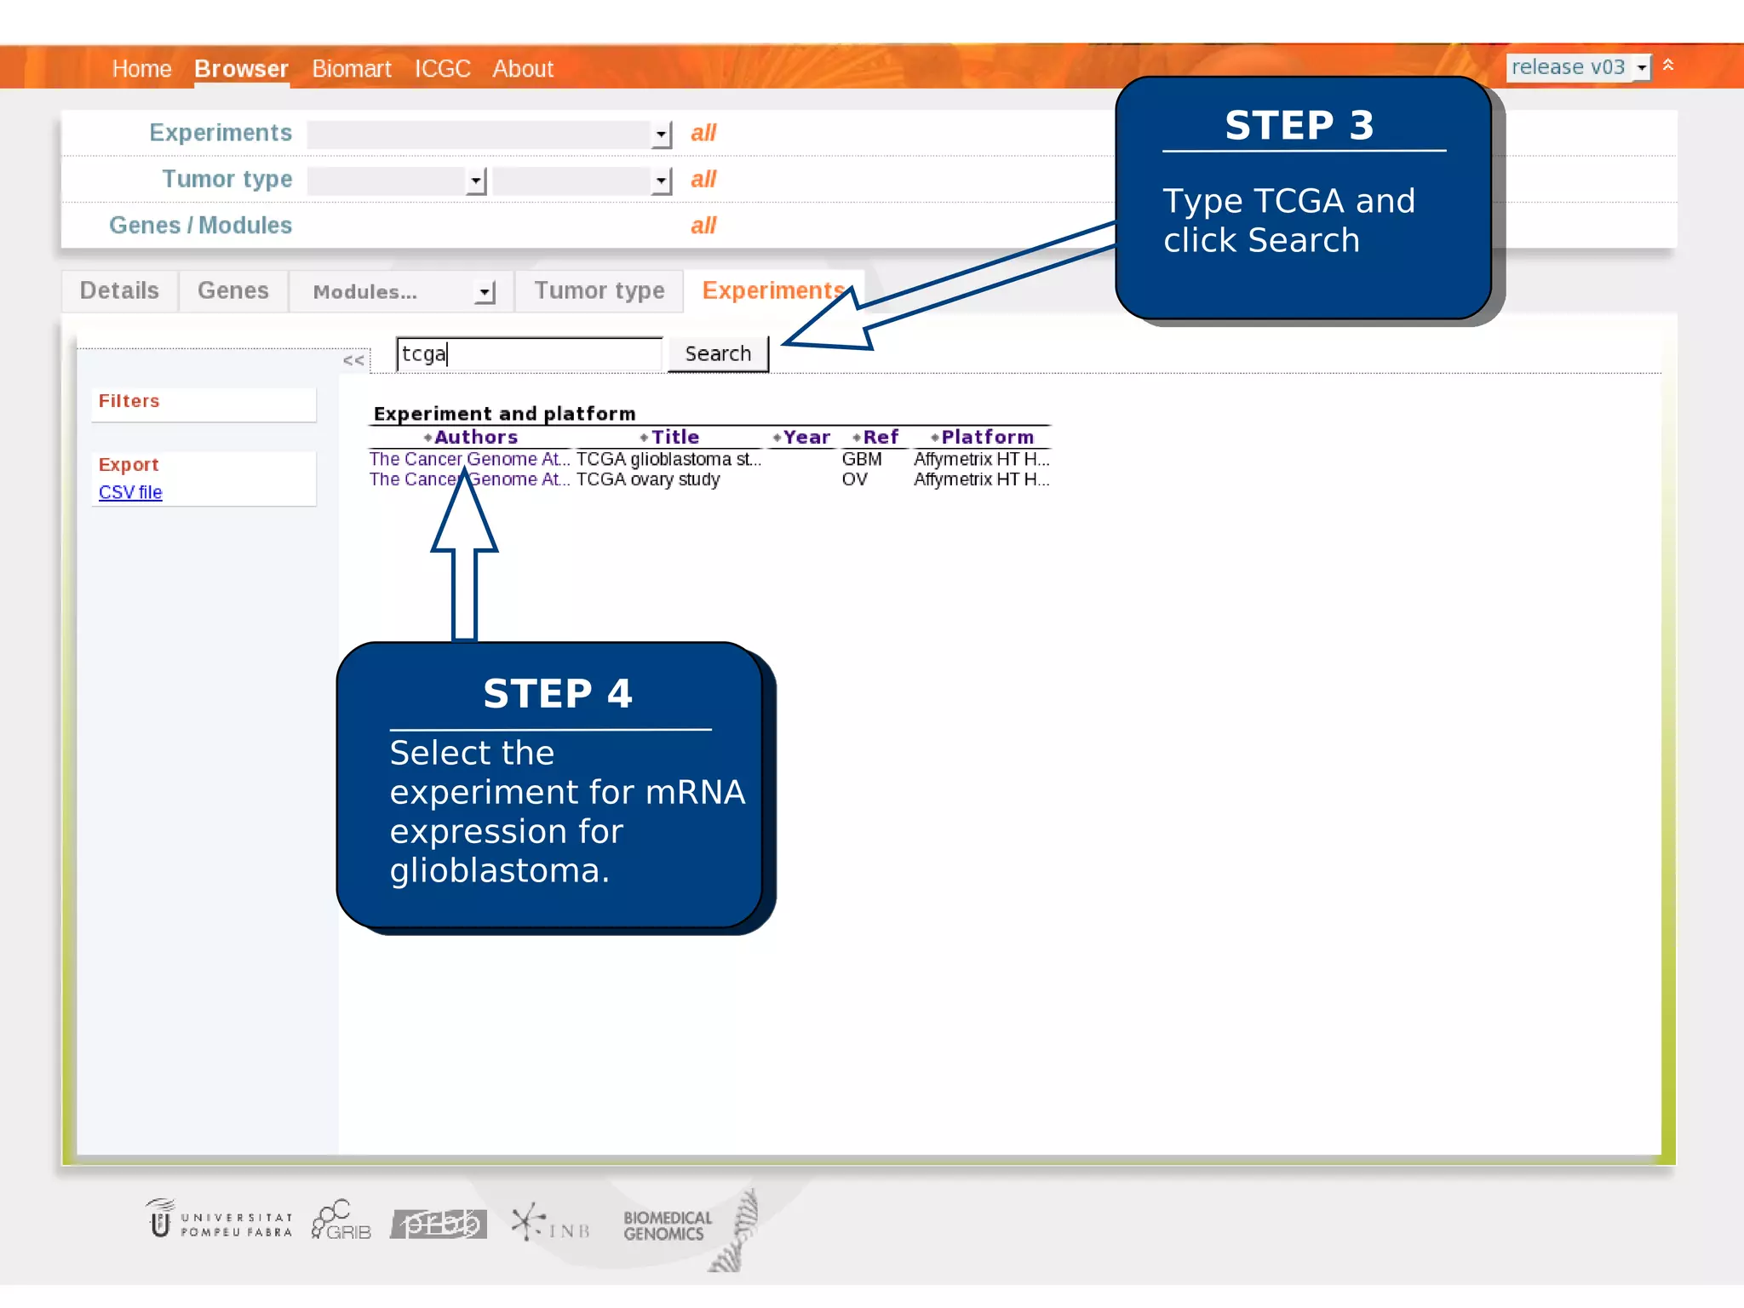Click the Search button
pos(718,353)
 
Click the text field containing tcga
pos(528,353)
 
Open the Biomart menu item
pos(351,68)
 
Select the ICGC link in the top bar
pos(442,68)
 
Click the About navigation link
pos(522,68)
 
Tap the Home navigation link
pos(141,68)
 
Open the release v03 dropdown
pos(1578,67)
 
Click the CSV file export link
pos(130,492)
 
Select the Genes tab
pos(232,290)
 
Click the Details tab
pos(119,290)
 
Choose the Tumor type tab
pos(599,290)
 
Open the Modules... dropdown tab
pos(400,292)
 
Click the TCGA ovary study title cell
pos(648,479)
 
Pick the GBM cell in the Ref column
pos(861,459)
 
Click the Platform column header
pos(986,437)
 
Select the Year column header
pos(805,437)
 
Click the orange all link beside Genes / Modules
pos(703,226)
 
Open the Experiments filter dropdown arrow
pos(661,135)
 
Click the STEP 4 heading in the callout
pos(558,693)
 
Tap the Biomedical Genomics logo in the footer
pos(667,1225)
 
